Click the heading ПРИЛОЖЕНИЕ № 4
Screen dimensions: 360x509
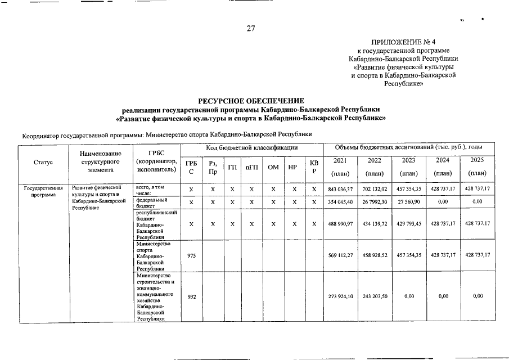403,42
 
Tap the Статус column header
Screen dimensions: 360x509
43,162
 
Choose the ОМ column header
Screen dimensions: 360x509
273,168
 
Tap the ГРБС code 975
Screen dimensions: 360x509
192,255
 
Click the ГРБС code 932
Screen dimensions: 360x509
192,296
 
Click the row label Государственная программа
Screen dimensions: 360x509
43,191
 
